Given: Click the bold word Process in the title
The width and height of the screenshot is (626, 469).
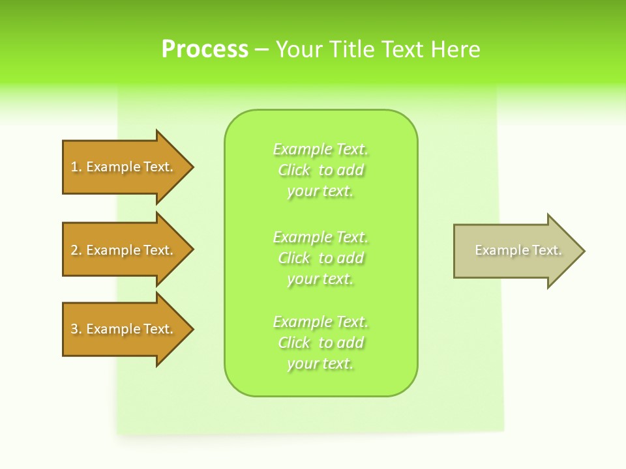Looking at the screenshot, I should [205, 50].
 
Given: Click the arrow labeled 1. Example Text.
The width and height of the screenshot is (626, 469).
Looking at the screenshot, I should [122, 167].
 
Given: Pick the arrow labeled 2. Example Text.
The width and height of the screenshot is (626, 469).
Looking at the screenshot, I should [122, 250].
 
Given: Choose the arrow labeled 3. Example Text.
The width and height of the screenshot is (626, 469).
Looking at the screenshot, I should [122, 329].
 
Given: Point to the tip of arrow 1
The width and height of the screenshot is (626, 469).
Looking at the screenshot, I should [192, 167].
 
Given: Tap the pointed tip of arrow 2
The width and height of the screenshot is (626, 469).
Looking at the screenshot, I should [192, 250].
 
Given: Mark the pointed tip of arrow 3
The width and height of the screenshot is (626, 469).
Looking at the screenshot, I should [192, 329].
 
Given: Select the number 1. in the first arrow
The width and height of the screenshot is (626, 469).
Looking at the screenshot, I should [76, 167].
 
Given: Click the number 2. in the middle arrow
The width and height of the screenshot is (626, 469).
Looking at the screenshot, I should [76, 250].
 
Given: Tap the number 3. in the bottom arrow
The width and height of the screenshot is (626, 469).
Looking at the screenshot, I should [76, 329].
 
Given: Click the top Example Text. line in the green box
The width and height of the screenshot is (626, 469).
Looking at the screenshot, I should [321, 149].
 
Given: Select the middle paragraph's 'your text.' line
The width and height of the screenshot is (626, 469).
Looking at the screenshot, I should [321, 279].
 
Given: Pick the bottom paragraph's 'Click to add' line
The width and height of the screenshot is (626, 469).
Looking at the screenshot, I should [321, 343].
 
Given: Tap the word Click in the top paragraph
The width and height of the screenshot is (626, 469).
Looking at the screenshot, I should [294, 170].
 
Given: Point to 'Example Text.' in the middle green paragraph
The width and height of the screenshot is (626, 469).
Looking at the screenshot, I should [321, 236].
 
